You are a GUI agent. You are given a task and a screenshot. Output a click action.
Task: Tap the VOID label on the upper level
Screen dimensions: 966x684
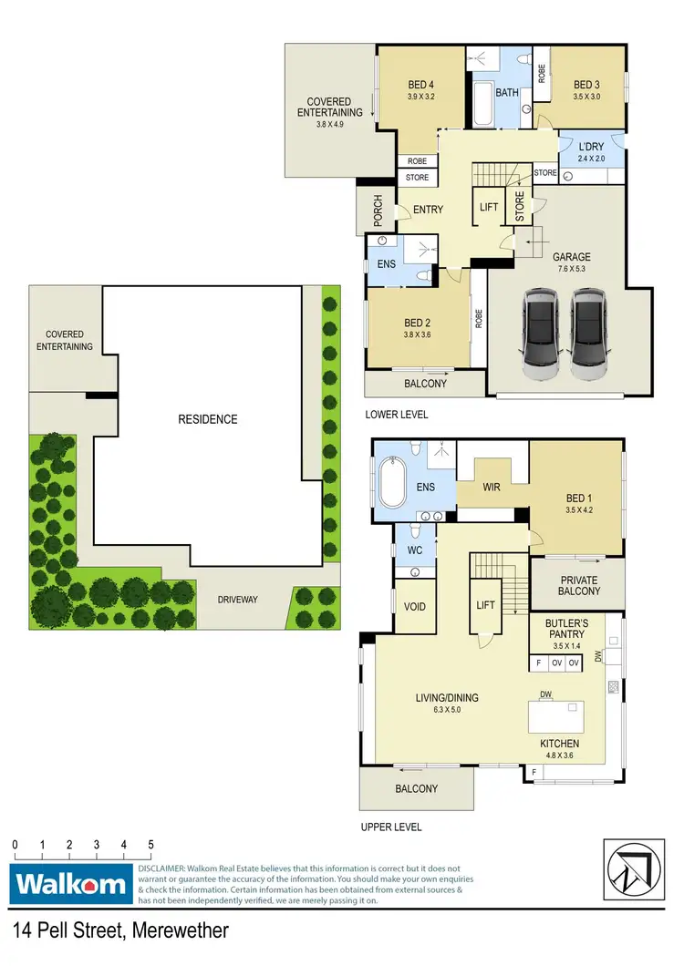[413, 607]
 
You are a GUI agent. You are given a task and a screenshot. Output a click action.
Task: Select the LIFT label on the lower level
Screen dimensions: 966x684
[488, 208]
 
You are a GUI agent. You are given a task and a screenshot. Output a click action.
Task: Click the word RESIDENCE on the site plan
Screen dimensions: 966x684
[208, 419]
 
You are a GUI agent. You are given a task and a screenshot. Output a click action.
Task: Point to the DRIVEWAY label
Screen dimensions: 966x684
[238, 600]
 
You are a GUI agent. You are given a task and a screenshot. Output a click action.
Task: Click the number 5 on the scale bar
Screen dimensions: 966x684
[150, 845]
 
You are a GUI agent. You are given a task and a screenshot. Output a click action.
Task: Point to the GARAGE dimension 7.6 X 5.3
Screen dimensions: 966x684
[572, 271]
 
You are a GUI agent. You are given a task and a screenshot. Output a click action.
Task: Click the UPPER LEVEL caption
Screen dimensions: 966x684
[392, 827]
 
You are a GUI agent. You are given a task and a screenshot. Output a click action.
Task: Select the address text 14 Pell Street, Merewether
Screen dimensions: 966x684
[120, 930]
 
